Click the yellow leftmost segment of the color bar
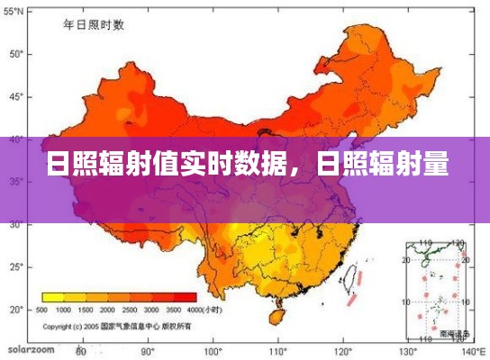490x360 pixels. (52, 297)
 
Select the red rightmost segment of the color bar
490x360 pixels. (186, 297)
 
